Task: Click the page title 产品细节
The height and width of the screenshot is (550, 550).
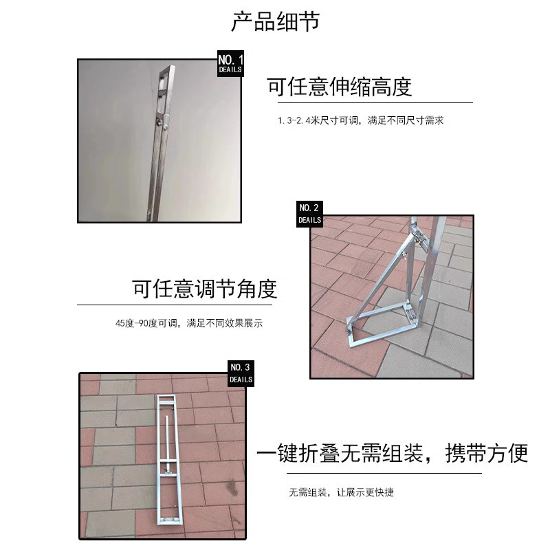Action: coord(275,22)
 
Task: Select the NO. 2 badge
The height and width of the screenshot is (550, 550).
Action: coord(309,213)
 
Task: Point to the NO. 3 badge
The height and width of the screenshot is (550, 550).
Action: coord(241,373)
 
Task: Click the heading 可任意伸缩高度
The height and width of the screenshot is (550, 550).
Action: coord(339,87)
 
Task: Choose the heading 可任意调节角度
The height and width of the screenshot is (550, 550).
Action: coord(205,289)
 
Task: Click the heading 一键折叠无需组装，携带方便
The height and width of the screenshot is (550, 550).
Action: coord(392,454)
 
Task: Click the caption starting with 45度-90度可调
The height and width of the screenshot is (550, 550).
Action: coord(190,322)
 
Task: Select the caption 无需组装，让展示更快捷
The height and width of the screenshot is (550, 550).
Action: coord(341,493)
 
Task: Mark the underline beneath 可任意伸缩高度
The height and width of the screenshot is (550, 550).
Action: coord(370,102)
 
